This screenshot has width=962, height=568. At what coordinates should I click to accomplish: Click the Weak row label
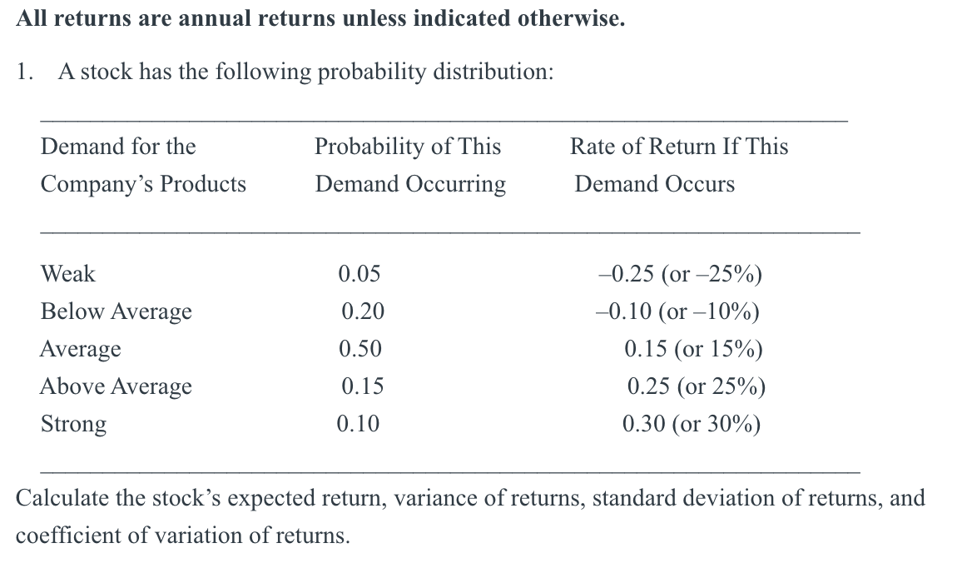click(x=68, y=274)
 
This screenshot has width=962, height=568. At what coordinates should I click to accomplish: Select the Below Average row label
click(x=117, y=311)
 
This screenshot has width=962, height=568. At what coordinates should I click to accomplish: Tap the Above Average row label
click(x=117, y=386)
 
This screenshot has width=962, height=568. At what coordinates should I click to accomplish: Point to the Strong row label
click(x=74, y=424)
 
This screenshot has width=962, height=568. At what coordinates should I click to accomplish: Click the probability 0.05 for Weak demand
click(x=360, y=274)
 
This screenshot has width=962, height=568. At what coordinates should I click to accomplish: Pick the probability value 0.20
click(x=363, y=311)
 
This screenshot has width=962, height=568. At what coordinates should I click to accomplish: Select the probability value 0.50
click(x=360, y=349)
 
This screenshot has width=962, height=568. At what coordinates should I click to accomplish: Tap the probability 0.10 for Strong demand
click(x=358, y=424)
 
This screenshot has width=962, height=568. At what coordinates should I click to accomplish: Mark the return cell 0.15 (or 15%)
click(x=693, y=349)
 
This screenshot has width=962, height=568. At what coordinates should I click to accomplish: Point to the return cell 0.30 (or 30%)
click(x=692, y=424)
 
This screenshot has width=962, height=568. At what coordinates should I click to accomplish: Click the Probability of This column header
click(x=408, y=147)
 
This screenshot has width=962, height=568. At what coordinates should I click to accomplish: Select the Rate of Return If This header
click(x=679, y=147)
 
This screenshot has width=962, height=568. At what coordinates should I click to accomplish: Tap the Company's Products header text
click(x=143, y=184)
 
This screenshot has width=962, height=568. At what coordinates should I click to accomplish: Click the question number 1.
click(x=24, y=72)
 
